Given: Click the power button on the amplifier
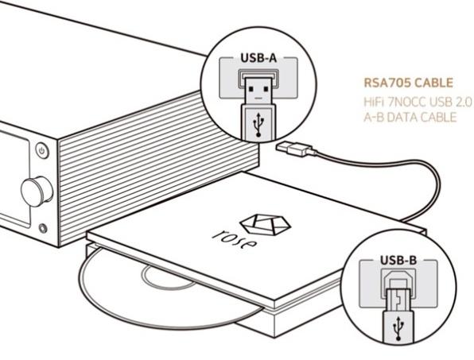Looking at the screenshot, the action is tap(42, 150).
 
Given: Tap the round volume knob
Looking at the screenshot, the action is tap(37, 192).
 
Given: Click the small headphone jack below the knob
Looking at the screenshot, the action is tap(43, 228).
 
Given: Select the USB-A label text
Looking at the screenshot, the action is tap(258, 58).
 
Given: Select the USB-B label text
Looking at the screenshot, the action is tap(398, 260).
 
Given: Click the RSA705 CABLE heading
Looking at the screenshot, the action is tap(408, 83).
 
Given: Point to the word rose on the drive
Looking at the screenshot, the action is tap(235, 238).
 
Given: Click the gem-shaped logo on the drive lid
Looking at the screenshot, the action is tap(265, 225).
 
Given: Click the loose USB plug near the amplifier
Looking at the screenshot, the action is tap(295, 149).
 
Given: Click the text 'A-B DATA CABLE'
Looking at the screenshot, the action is tap(410, 117).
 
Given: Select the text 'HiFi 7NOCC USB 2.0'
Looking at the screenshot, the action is tap(418, 102).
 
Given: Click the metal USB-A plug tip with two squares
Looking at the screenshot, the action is tap(258, 91).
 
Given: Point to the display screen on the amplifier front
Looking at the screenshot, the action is tap(14, 178).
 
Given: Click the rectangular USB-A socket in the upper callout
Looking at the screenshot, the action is tap(258, 78).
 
